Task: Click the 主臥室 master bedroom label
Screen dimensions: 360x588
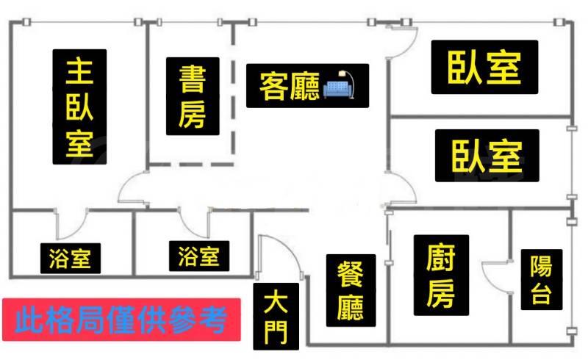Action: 79,107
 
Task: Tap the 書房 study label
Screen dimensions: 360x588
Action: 193,96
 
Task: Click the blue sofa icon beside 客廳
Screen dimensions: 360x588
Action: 339,87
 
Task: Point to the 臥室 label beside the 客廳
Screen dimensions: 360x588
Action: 484,68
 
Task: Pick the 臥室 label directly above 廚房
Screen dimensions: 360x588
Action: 486,155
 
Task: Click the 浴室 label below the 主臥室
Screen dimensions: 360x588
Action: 70,259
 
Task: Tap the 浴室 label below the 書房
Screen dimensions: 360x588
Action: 198,256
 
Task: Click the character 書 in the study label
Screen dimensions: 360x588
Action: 193,79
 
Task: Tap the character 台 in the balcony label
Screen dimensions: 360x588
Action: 540,295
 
